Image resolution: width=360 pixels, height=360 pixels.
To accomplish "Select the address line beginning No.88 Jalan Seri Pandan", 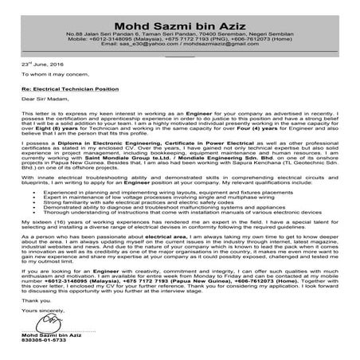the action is [x=179, y=35].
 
